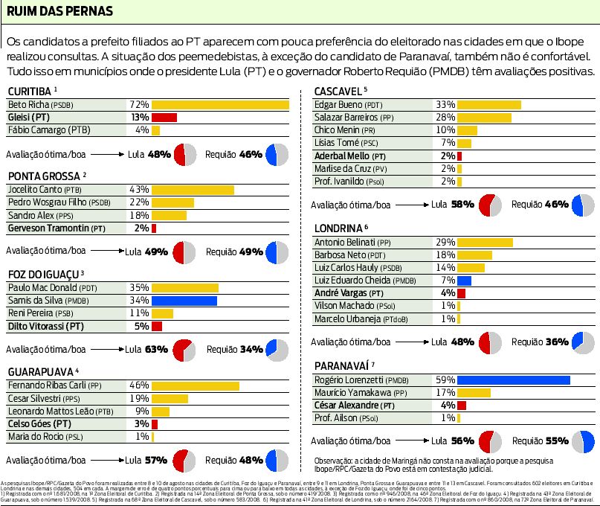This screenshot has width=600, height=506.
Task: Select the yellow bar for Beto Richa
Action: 220,105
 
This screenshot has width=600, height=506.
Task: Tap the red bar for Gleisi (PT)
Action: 164,118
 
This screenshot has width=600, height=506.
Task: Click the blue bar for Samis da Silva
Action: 184,301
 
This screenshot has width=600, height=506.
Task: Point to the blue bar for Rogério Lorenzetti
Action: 513,379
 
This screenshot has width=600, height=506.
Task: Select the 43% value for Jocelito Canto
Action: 139,190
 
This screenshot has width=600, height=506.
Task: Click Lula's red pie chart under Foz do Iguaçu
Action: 184,349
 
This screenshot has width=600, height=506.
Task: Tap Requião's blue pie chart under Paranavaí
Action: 583,441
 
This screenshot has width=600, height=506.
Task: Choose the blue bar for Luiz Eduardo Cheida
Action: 464,281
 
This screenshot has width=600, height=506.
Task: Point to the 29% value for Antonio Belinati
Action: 445,243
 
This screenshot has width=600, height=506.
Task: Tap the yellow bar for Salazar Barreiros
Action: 483,118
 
